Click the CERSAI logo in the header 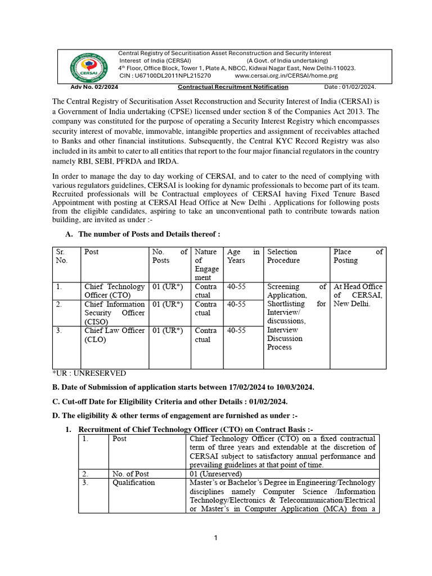point(87,67)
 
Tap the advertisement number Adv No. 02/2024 point(94,87)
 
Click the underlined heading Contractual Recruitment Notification point(233,87)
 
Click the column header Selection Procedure point(283,256)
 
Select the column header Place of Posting point(358,256)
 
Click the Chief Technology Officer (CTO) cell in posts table point(114,291)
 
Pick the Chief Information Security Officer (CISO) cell point(114,313)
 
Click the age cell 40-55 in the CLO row point(236,331)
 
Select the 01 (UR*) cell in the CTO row point(168,287)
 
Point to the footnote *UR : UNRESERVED point(89,373)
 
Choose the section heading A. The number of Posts point(143,234)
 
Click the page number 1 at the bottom point(215,538)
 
